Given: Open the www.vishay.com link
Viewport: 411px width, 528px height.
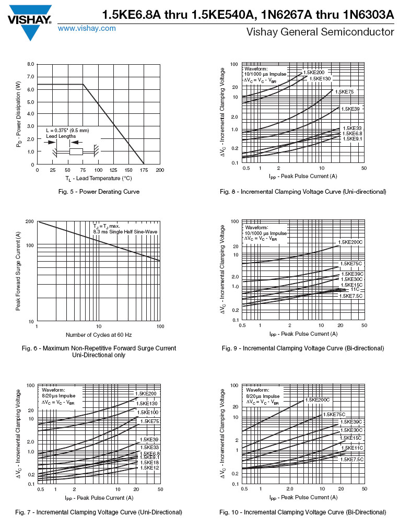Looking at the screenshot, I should pyautogui.click(x=87, y=29).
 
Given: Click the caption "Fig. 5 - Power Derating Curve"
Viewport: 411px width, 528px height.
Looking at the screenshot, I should pyautogui.click(x=99, y=192).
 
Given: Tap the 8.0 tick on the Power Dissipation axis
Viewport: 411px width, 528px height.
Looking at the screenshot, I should pyautogui.click(x=31, y=64).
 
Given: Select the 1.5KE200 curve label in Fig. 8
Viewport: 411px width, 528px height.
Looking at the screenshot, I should pyautogui.click(x=313, y=72).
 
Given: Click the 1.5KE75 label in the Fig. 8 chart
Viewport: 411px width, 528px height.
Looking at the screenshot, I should pyautogui.click(x=344, y=92).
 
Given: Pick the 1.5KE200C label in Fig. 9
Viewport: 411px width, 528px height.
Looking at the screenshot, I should pyautogui.click(x=350, y=242).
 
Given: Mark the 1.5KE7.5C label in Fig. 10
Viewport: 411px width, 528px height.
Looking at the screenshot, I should pyautogui.click(x=351, y=460).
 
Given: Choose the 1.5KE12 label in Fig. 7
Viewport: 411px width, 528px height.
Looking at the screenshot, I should pyautogui.click(x=149, y=468).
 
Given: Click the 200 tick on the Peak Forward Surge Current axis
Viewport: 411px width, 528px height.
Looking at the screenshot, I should pyautogui.click(x=29, y=222).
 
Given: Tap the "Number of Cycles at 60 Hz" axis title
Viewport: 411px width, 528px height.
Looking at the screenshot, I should pyautogui.click(x=99, y=334).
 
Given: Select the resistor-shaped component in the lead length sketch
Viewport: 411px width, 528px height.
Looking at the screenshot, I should pyautogui.click(x=76, y=152).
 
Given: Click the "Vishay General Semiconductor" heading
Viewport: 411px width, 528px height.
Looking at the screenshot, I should pyautogui.click(x=320, y=32).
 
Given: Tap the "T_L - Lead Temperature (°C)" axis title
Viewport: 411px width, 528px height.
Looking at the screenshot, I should pyautogui.click(x=98, y=179).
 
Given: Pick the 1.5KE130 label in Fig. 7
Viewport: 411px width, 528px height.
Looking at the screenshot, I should pyautogui.click(x=146, y=403).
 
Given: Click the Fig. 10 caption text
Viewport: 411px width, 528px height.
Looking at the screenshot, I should pyautogui.click(x=303, y=512).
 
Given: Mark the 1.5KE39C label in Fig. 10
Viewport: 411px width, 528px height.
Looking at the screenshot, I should pyautogui.click(x=351, y=422).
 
